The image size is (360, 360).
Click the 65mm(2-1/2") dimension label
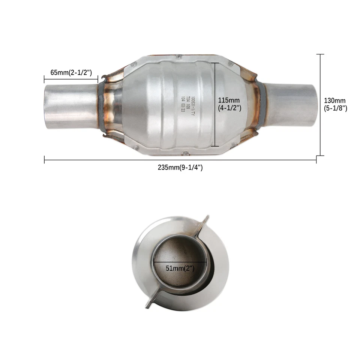pos(71,72)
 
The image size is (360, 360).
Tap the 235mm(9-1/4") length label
pos(180,168)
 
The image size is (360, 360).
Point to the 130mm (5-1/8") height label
pos(335,104)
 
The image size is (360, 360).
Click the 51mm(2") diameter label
pos(180,268)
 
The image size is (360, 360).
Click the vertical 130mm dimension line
pos(320,105)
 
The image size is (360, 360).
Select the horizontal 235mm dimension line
pos(180,160)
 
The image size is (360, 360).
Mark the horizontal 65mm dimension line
pos(71,79)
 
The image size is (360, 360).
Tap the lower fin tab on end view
pos(150,302)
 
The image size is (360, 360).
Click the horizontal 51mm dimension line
pos(180,261)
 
